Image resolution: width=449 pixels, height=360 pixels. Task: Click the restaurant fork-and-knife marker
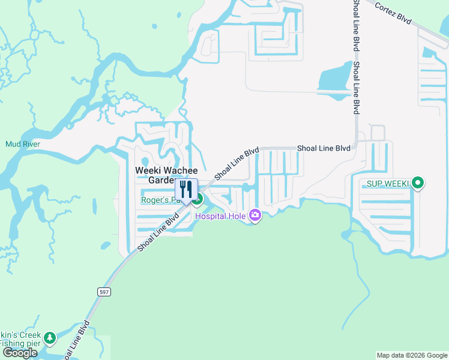186,190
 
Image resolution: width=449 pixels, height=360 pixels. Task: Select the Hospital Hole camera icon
255,215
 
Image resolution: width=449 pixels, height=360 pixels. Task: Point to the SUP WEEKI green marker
419,183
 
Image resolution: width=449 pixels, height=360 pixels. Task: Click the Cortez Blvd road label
393,13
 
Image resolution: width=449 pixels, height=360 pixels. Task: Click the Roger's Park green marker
197,199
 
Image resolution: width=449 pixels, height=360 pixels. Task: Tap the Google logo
20,353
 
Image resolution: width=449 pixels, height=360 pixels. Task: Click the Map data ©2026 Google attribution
412,355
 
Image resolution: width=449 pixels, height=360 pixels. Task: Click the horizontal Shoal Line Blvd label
324,148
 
